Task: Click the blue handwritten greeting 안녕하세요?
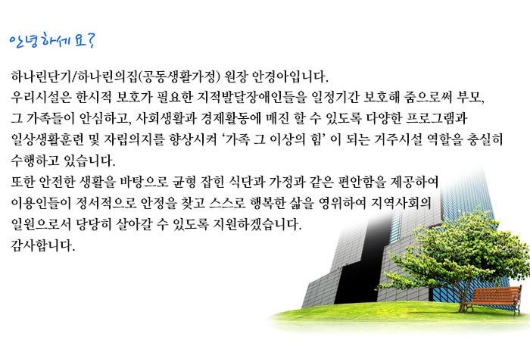pos(52,41)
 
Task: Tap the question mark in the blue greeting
pos(91,41)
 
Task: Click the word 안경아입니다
pos(290,76)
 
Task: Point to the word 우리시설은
pos(41,98)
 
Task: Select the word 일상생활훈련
pos(47,139)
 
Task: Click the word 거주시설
pos(398,139)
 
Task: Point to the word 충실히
pos(485,139)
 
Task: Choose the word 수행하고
pos(35,161)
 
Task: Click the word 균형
pos(184,182)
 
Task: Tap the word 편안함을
pos(362,182)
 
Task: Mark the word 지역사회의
pos(401,203)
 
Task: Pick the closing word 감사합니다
pos(42,245)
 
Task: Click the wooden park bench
pos(492,299)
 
